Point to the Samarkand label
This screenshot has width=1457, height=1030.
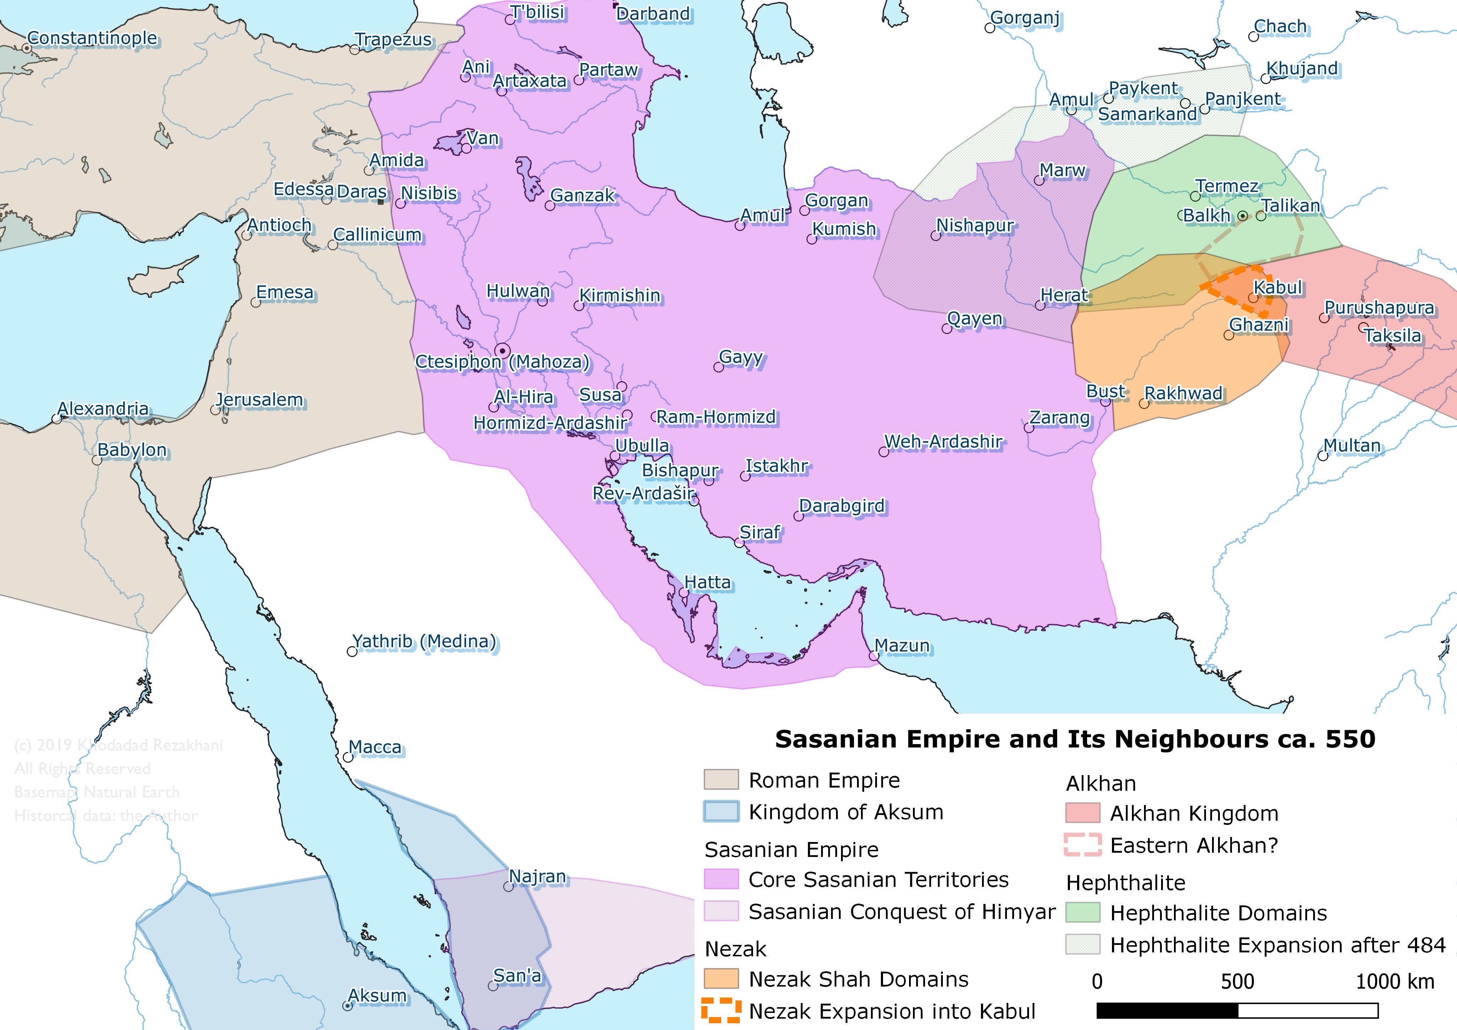[x=1147, y=114]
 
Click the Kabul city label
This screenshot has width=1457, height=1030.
[x=1278, y=287]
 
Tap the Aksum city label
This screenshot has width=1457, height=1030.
[x=377, y=995]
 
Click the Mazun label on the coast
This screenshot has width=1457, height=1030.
[x=902, y=645]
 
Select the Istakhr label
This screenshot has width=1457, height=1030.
[x=776, y=466]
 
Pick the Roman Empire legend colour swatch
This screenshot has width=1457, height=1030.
[x=721, y=779]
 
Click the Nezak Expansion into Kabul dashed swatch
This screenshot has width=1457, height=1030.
[x=721, y=1010]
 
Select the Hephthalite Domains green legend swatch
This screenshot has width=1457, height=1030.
[x=1082, y=913]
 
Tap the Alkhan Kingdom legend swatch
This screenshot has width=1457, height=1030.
[x=1082, y=813]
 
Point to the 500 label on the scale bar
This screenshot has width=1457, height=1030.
[x=1237, y=981]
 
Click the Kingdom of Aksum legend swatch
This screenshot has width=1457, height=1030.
[x=721, y=812]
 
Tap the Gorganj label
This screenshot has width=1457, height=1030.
[x=1025, y=18]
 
